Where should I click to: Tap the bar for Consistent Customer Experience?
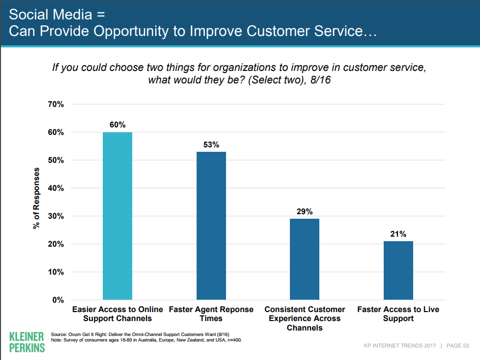[x=304, y=259]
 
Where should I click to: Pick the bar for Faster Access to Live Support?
[x=398, y=270]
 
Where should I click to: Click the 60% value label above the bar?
[x=117, y=125]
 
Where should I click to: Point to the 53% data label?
[x=211, y=145]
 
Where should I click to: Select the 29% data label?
[x=304, y=212]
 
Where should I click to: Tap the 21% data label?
[x=398, y=234]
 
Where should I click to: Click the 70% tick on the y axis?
[x=55, y=104]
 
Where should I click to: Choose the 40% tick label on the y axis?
[x=55, y=188]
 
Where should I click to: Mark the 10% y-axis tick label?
[x=55, y=272]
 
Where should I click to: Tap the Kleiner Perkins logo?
[x=27, y=341]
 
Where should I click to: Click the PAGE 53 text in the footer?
[x=458, y=346]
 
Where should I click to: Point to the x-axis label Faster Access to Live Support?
[x=398, y=314]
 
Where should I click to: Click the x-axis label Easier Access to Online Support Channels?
[x=117, y=314]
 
